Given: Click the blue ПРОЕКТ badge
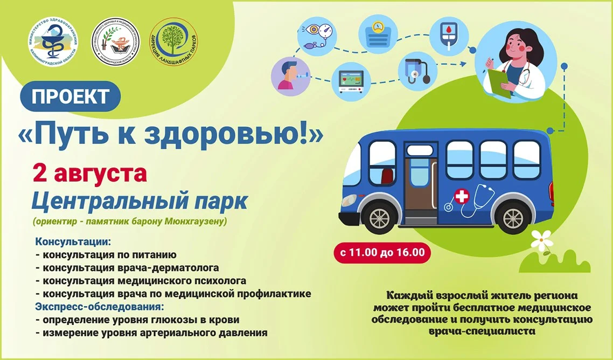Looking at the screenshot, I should coord(70,96).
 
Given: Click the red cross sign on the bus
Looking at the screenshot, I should coord(461,196).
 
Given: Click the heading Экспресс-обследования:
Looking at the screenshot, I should coord(99,307).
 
